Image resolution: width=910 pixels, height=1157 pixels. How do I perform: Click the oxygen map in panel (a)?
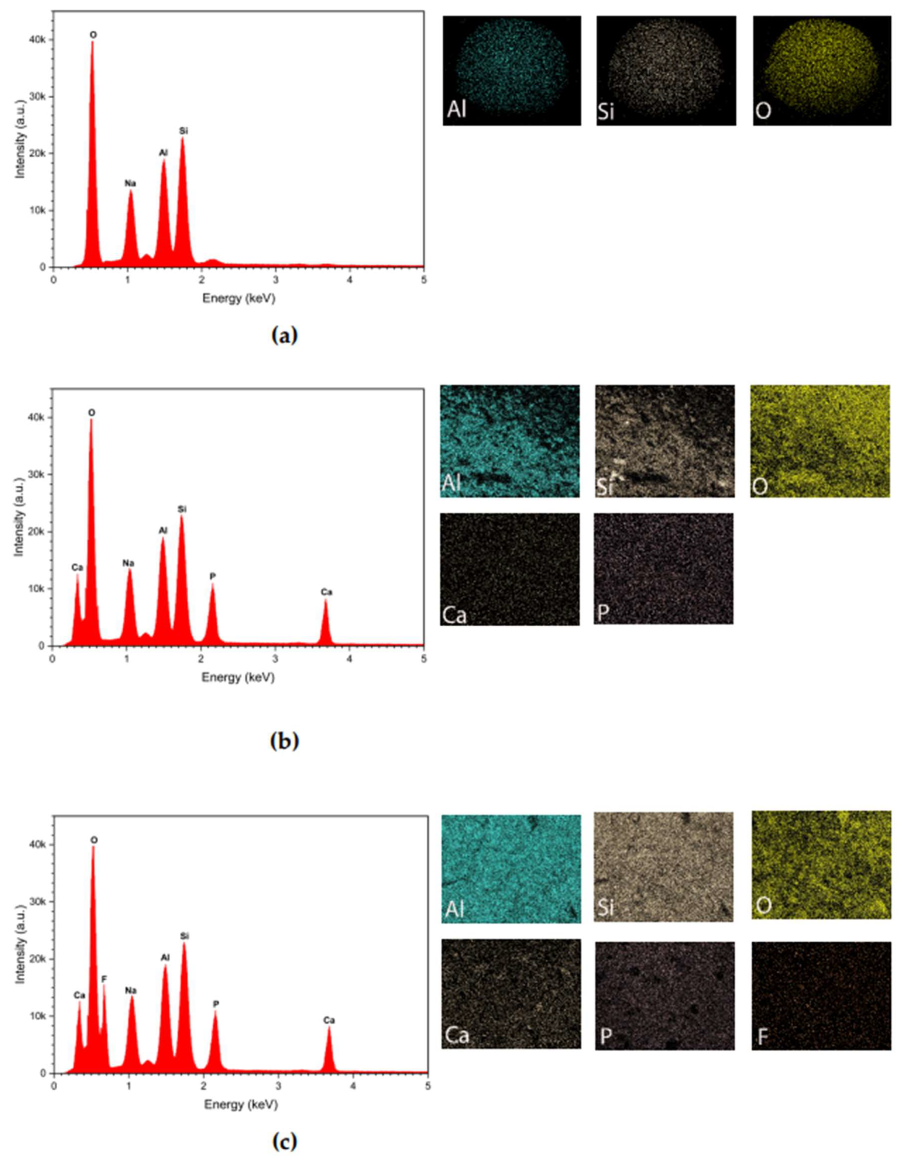point(822,70)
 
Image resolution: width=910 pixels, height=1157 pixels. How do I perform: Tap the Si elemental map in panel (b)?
point(664,441)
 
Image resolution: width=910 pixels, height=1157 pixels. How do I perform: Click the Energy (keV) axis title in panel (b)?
point(238,677)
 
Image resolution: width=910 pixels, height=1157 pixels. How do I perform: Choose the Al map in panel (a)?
point(512,70)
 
